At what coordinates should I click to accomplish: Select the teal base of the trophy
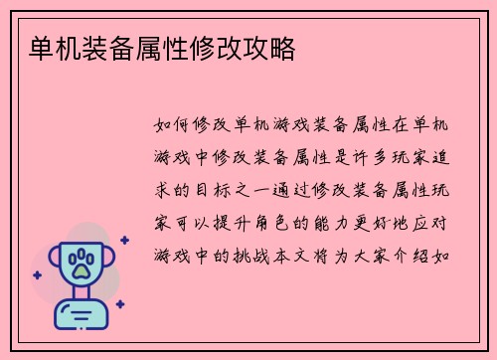point(81,316)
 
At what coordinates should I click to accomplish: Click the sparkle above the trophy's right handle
point(124,240)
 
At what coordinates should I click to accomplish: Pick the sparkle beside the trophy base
point(119,304)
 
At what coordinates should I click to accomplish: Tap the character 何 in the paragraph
point(187,126)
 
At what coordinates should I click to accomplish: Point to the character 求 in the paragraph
point(164,190)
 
